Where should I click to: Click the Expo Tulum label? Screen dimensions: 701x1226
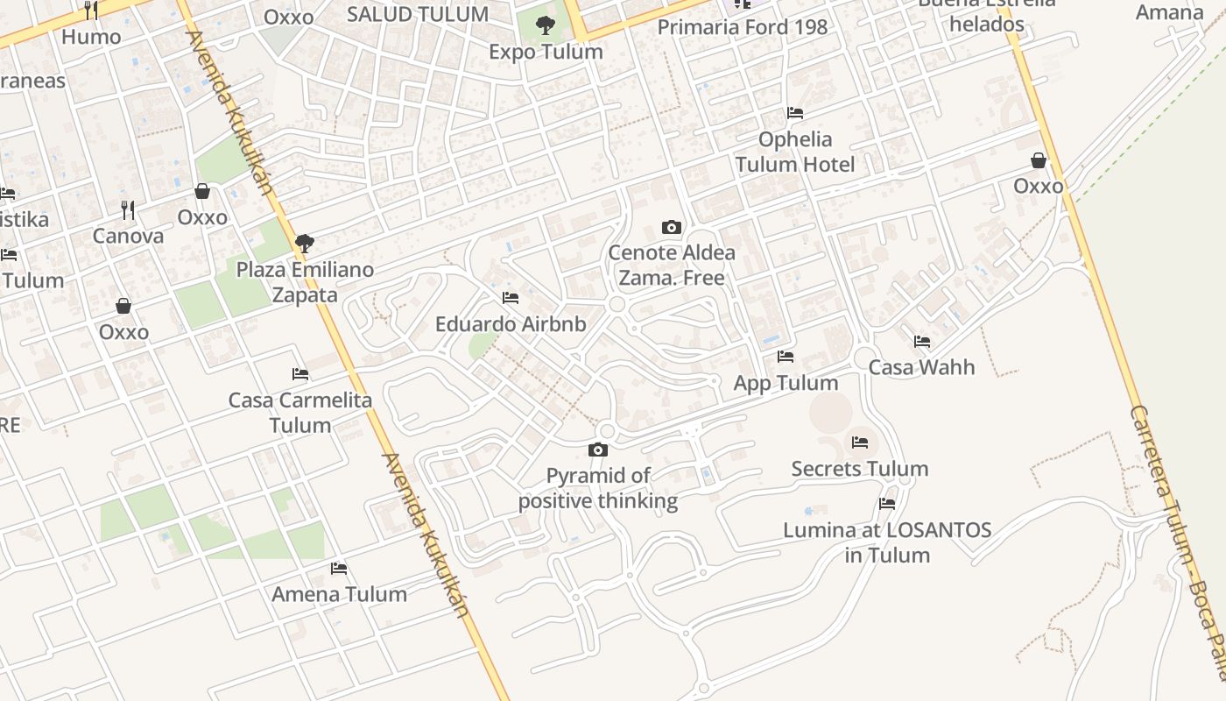546,52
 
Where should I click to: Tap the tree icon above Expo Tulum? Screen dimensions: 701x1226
546,25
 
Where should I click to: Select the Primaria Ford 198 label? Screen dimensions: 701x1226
742,27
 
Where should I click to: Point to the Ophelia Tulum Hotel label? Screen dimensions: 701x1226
795,152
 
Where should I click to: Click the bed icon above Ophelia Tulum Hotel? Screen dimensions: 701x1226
795,112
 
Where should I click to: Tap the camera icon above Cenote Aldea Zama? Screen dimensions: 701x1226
672,228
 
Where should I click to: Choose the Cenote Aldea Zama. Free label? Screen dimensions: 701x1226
672,266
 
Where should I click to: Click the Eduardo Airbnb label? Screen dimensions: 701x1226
511,324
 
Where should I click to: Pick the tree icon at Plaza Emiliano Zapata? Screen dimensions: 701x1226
305,243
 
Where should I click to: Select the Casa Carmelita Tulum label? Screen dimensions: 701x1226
300,413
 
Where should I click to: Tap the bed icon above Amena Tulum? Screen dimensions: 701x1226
339,569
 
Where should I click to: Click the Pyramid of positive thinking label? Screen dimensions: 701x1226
598,488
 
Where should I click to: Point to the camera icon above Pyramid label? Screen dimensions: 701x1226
598,450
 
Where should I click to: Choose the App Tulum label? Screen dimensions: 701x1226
786,383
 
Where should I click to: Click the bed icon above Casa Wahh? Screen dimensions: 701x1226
921,342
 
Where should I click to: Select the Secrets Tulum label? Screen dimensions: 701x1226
860,469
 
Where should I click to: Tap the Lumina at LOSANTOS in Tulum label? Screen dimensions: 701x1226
887,542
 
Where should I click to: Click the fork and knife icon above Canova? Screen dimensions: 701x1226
128,210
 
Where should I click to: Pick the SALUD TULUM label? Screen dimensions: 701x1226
418,14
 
